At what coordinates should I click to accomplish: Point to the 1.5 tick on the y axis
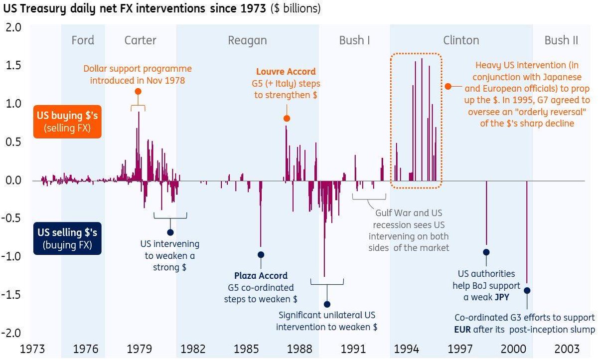(x=13, y=66)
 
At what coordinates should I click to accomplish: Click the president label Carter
(x=140, y=41)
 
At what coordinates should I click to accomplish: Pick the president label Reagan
(x=247, y=41)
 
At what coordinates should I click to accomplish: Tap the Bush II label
(x=561, y=41)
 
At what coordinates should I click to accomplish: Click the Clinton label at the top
(x=461, y=41)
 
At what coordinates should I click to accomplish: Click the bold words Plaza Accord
(x=261, y=276)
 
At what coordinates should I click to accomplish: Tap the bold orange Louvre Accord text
(x=286, y=72)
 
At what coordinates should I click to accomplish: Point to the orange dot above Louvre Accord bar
(x=287, y=119)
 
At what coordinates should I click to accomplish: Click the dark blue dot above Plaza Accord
(x=260, y=255)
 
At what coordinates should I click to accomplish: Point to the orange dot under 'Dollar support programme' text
(x=138, y=91)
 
